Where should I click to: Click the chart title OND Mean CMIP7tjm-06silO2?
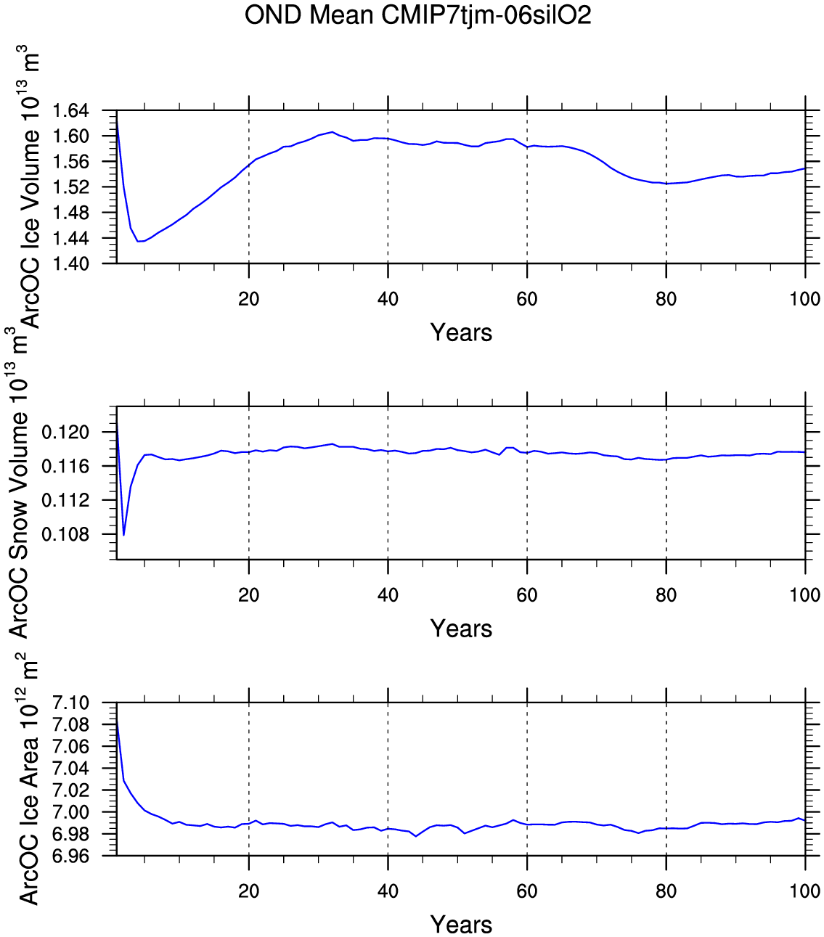(417, 15)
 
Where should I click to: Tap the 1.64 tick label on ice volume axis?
(70, 111)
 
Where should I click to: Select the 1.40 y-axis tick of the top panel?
(70, 263)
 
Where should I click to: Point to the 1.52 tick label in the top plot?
(70, 187)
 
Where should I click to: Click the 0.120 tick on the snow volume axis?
(65, 433)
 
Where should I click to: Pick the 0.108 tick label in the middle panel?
(65, 534)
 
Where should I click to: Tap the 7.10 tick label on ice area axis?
(70, 703)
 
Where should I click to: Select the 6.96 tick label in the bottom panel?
(70, 856)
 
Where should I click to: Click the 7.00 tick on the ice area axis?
(70, 812)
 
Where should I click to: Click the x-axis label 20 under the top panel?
(249, 299)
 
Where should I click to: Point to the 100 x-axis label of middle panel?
(805, 595)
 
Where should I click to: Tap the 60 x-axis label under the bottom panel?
(527, 891)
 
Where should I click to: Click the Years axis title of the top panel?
(461, 332)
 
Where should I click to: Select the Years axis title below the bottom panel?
(461, 925)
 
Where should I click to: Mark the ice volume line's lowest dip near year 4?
(139, 241)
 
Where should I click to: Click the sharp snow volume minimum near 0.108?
(124, 535)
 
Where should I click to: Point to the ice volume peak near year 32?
(333, 131)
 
